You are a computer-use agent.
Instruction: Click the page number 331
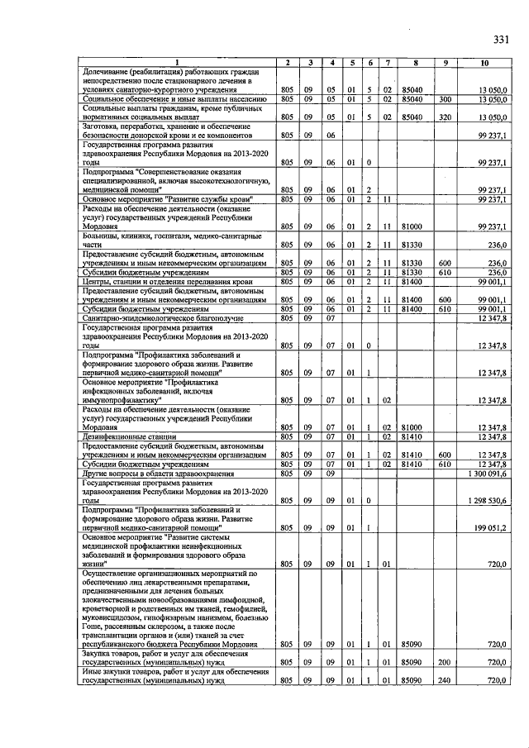(x=501, y=40)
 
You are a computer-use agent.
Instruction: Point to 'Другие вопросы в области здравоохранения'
(x=157, y=474)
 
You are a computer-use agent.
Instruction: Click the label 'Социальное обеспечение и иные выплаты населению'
(x=174, y=99)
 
